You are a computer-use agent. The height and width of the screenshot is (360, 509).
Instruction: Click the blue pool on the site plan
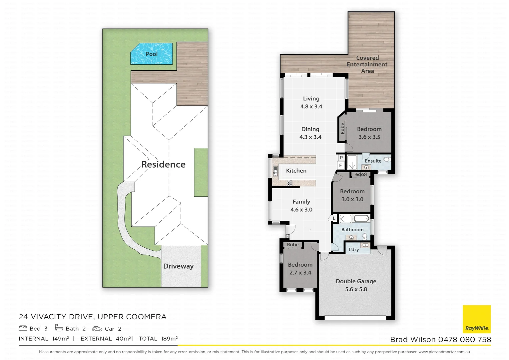152,54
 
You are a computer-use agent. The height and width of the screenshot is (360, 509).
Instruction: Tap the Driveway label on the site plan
178,266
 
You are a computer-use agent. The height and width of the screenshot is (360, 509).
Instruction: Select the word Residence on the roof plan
163,164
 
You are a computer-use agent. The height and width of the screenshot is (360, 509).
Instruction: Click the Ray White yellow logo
477,319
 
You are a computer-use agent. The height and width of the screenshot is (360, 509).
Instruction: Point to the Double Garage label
356,281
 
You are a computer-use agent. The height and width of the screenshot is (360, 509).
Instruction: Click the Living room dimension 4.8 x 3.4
311,107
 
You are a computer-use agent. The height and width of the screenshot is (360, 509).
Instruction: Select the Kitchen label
296,171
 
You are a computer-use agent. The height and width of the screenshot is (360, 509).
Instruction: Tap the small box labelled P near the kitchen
341,158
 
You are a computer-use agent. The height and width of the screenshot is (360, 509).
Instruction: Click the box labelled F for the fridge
340,165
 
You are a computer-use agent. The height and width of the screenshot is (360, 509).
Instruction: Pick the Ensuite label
373,161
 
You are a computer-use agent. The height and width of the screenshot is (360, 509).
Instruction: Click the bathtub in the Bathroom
361,219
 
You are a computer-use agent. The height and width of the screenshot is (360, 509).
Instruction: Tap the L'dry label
353,249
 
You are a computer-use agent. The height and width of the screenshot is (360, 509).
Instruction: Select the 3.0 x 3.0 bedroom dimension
352,199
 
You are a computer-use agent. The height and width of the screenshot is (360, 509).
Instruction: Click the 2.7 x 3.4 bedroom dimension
300,273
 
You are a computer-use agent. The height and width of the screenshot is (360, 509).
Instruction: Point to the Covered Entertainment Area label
367,64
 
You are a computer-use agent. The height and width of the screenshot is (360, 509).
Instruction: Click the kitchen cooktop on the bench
290,183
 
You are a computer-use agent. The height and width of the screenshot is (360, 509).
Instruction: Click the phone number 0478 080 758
464,339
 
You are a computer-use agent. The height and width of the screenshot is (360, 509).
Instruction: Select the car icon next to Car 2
97,329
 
